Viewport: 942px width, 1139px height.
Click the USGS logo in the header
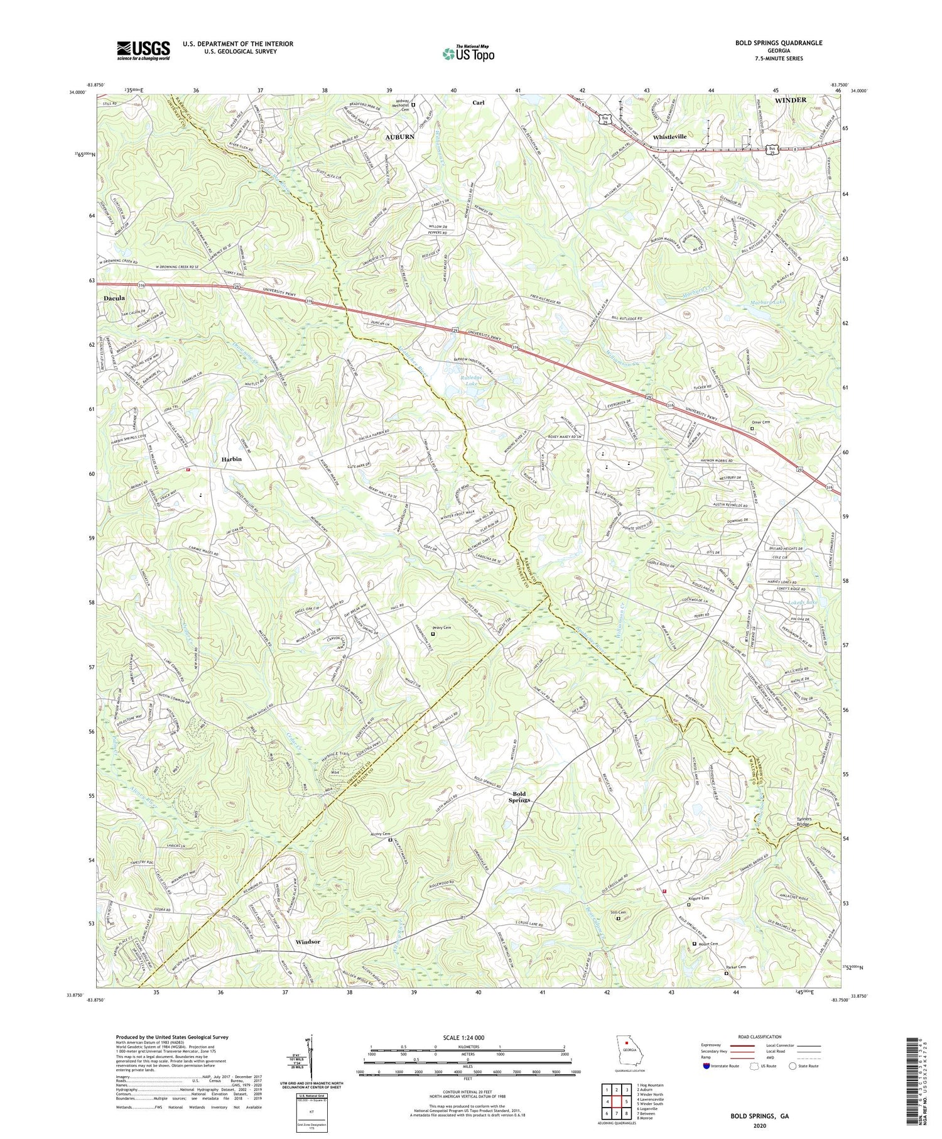143,50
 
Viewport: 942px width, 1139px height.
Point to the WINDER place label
790,101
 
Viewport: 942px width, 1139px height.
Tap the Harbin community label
232,459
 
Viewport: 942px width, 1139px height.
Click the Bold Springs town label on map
519,797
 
